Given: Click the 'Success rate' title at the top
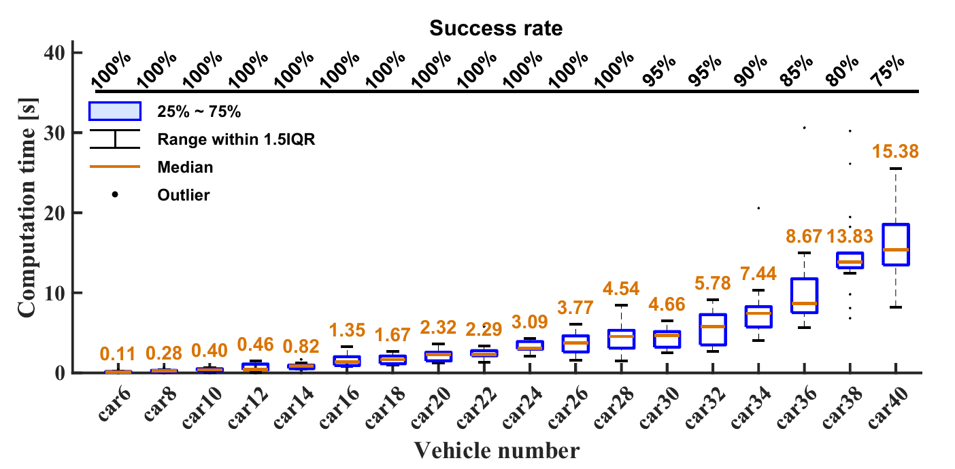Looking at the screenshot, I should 497,29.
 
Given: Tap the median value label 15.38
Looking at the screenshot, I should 894,151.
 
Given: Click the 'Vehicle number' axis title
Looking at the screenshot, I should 497,450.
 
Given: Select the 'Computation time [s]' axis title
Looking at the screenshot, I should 27,212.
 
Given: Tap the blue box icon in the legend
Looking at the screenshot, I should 114,111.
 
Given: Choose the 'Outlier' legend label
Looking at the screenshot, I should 184,195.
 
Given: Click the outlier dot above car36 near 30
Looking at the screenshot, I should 804,128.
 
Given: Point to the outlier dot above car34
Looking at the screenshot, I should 758,208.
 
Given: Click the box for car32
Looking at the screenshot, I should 712,329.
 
